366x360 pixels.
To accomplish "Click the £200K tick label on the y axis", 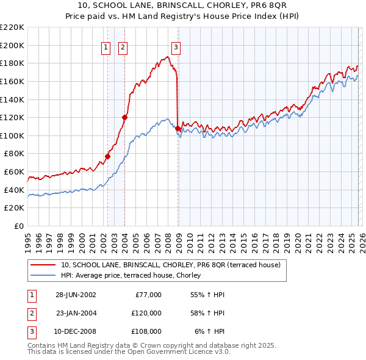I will coord(12,45).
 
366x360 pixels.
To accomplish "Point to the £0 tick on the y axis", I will coord(19,226).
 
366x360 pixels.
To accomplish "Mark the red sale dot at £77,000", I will coord(108,156).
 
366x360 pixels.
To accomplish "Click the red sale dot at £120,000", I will coord(125,117).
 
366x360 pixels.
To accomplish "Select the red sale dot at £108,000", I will coord(178,129).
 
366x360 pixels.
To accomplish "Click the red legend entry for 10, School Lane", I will coord(170,265).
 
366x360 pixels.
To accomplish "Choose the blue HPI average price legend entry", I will coord(135,276).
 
